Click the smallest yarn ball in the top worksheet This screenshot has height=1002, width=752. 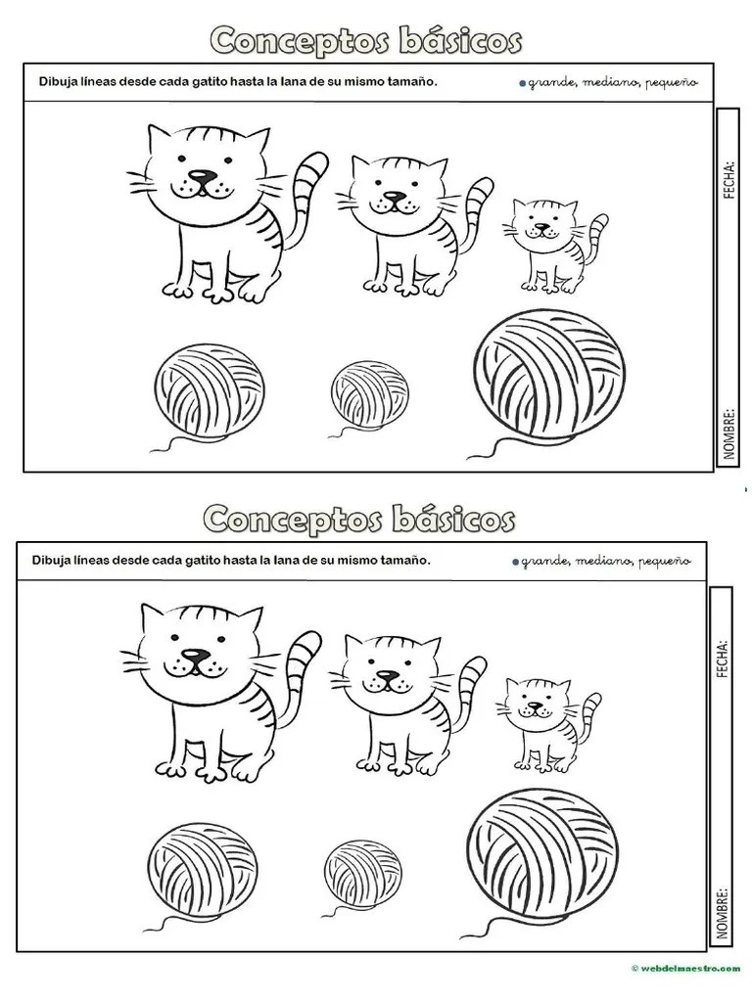tap(369, 393)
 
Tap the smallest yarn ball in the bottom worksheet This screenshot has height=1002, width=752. tap(362, 873)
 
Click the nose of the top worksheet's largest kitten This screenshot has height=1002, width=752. tap(201, 176)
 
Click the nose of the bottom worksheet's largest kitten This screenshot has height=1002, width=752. tap(195, 655)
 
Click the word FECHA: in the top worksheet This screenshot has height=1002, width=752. tap(728, 180)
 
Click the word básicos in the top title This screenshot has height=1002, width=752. tap(460, 41)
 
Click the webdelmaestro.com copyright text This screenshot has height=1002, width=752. tap(685, 969)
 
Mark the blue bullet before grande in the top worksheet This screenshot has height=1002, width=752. tap(523, 83)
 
